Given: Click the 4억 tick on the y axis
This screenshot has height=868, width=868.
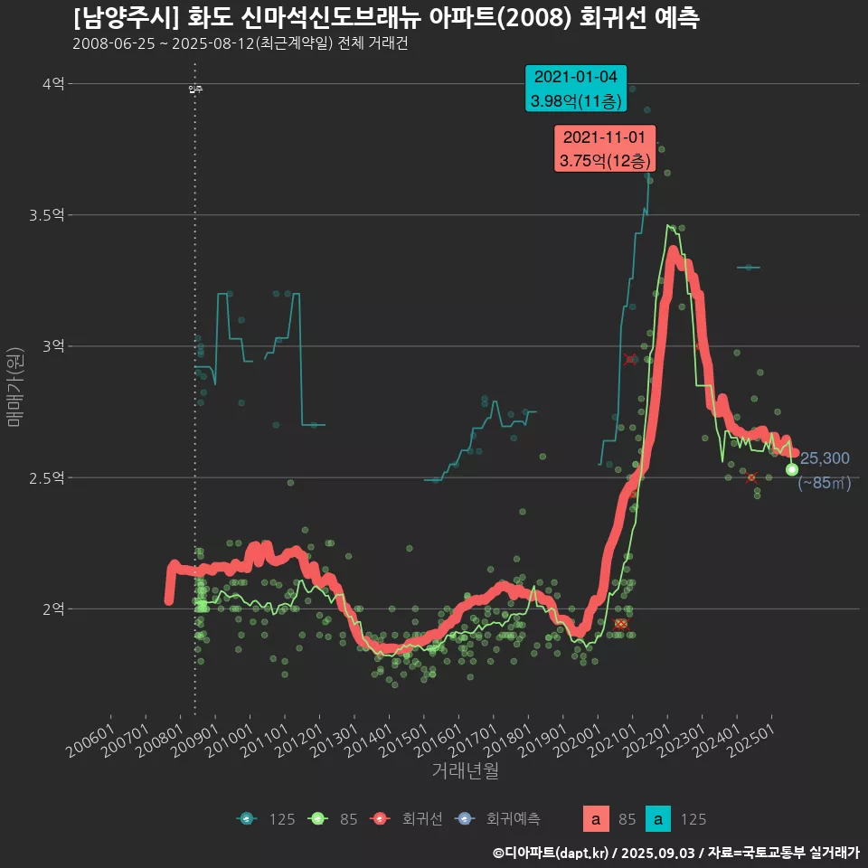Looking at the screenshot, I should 52,84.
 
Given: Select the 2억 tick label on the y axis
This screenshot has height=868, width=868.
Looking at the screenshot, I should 52,609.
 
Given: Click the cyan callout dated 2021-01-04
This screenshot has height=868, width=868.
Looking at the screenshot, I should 576,89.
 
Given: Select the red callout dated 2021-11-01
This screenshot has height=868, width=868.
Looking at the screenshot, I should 604,149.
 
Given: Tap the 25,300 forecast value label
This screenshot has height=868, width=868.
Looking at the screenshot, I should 825,458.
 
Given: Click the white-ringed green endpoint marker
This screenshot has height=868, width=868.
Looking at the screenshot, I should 792,469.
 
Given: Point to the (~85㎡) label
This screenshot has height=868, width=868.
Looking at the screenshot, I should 824,483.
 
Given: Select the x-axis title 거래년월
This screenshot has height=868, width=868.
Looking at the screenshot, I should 465,770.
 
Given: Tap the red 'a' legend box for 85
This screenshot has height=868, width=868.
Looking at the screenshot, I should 595,819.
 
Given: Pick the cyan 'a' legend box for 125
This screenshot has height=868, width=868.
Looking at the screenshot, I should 661,819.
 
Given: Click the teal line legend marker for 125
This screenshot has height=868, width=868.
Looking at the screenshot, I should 247,819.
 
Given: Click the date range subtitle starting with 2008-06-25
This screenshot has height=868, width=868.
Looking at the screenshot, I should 240,43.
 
